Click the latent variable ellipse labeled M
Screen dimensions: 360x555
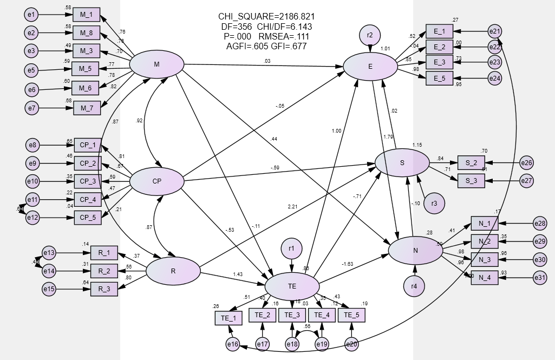coord(156,65)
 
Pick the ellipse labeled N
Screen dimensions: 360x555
coord(415,250)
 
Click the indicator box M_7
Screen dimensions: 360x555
coord(87,108)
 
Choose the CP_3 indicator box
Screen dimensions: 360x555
coord(88,181)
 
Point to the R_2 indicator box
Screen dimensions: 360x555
coord(104,270)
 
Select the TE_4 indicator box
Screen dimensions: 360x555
coord(322,315)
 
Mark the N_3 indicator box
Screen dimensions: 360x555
coord(484,259)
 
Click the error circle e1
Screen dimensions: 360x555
coord(31,14)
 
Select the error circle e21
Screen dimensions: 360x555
coord(495,31)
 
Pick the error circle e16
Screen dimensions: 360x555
coord(233,344)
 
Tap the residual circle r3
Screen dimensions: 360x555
coord(434,204)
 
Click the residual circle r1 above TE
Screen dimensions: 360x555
coord(291,249)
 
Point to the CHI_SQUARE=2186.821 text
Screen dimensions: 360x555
coord(266,17)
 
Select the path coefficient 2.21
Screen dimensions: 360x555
coord(293,207)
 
